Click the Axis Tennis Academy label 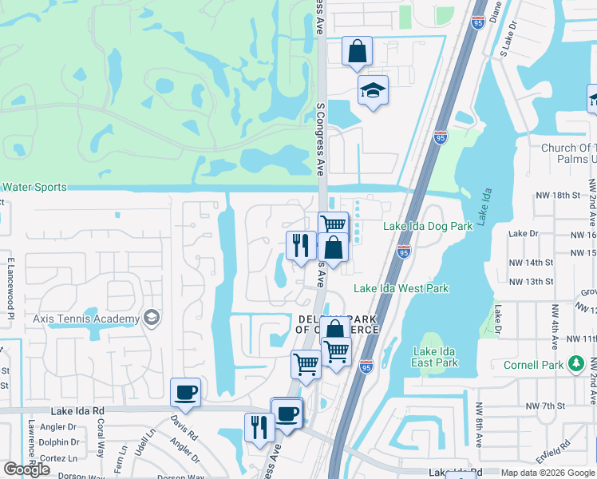tap(86, 319)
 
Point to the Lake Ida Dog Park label tap(428, 226)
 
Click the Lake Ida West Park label tap(401, 289)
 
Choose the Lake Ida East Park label tap(436, 357)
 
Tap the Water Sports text tap(34, 187)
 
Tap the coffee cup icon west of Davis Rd tap(185, 392)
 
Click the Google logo tap(27, 470)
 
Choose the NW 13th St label tap(531, 282)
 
